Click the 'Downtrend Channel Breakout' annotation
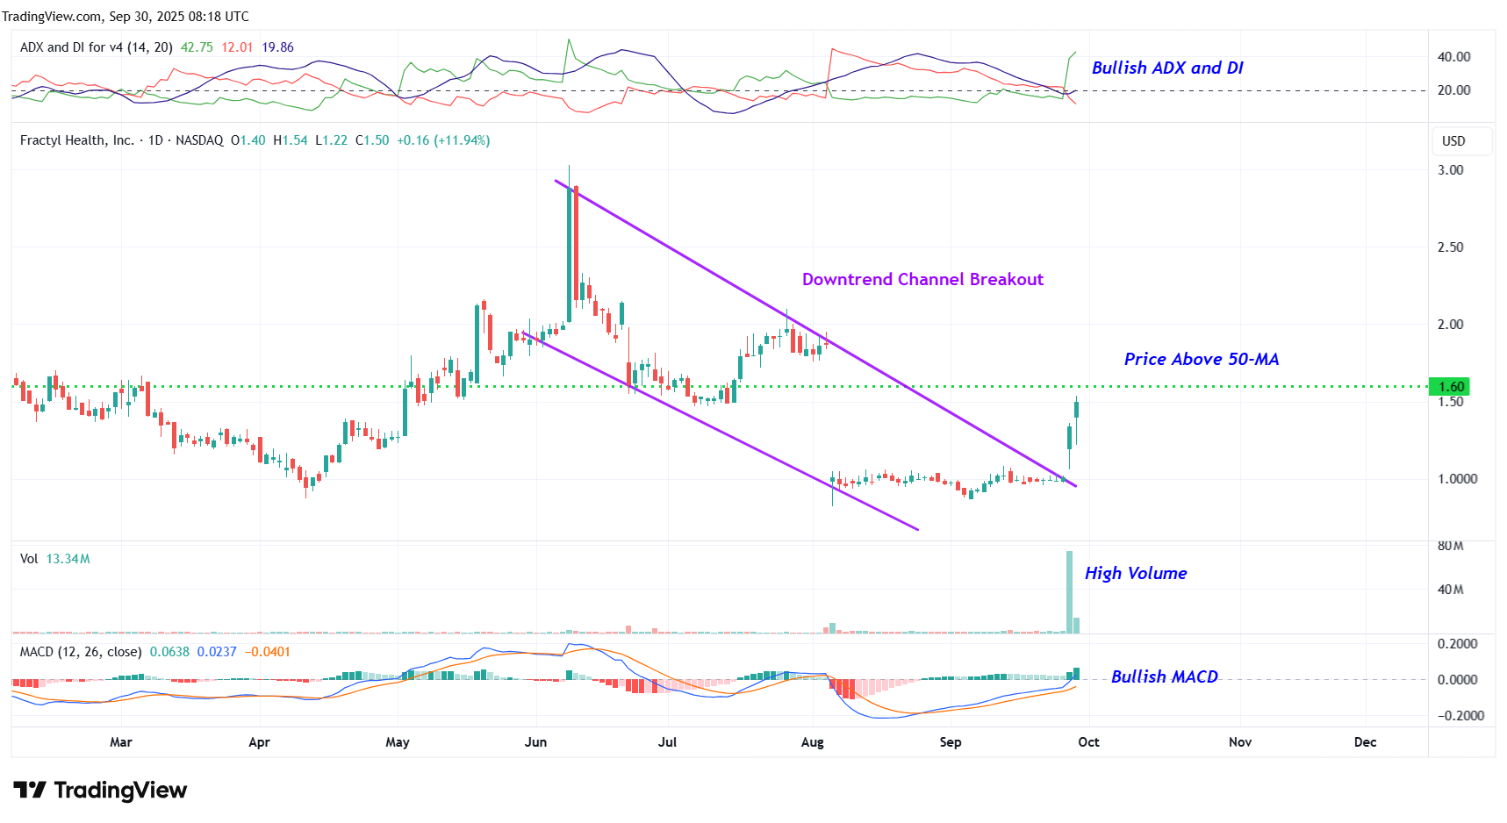[922, 279]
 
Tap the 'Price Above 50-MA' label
[1201, 359]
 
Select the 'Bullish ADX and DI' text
[1166, 68]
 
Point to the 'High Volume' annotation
[1135, 573]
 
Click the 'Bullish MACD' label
[1164, 676]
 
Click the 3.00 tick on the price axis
[1450, 170]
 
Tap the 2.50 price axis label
[1450, 247]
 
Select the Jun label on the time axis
[535, 742]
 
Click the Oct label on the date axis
[1088, 742]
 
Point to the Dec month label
[1365, 742]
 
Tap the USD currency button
[1453, 141]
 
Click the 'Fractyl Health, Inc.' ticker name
[77, 140]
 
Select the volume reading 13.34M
[68, 559]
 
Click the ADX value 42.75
[197, 47]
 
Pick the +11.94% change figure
[463, 140]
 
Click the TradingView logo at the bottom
[100, 791]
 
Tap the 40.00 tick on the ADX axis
[1453, 57]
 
